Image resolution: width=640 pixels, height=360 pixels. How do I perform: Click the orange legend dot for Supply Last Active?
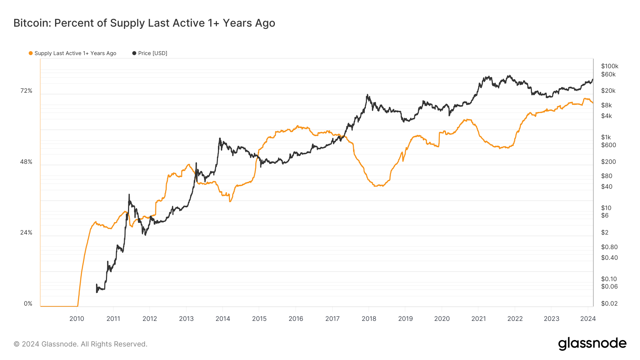tap(31, 53)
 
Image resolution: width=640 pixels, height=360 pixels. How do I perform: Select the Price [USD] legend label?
tap(153, 53)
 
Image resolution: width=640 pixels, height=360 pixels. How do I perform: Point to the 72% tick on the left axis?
tap(26, 91)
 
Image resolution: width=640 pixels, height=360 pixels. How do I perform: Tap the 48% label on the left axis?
tap(26, 162)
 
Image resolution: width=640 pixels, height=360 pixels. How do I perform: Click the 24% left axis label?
tap(26, 233)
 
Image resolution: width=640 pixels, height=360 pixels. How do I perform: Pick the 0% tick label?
tap(28, 304)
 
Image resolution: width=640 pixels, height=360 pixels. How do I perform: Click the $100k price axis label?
tap(610, 66)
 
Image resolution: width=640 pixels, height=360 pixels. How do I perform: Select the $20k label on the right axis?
tap(608, 91)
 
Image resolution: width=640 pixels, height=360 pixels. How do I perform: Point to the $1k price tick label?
tap(606, 137)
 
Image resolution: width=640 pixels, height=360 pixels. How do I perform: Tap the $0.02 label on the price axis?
tap(609, 303)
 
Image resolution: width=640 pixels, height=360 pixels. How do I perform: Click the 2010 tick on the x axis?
tap(77, 319)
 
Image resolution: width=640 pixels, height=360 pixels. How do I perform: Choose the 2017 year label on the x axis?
tap(332, 319)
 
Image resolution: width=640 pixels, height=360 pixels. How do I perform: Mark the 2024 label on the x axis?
tap(588, 319)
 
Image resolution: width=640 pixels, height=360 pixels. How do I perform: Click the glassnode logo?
tap(592, 344)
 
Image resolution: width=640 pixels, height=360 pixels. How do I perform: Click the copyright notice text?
tap(80, 344)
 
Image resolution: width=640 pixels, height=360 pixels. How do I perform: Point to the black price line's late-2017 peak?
tap(367, 95)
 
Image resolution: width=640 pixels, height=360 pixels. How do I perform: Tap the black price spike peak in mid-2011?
tap(129, 194)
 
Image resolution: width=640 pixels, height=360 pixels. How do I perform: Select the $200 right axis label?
tap(608, 162)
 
